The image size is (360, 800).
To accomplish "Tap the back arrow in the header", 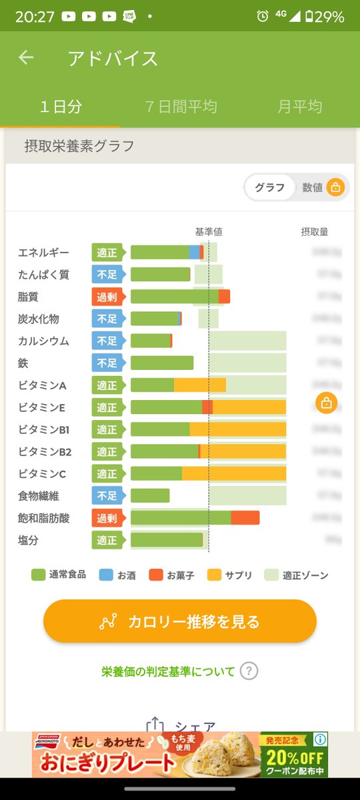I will [x=26, y=58].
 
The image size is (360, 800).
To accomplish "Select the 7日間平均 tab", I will [x=181, y=106].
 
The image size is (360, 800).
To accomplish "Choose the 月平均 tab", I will [x=300, y=106].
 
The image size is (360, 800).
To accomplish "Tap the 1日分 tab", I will [x=61, y=106].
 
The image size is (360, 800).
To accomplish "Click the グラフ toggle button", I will [x=270, y=187].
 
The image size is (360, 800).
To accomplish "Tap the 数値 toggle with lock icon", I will [x=322, y=187].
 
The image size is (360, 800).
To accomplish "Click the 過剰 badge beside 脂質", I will [x=107, y=297].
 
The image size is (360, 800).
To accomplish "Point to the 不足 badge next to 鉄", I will [x=107, y=363].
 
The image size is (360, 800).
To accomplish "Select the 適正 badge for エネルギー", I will [x=107, y=253].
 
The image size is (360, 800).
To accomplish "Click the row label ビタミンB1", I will [x=45, y=430].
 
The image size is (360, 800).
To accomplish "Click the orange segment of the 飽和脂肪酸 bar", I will [x=245, y=518].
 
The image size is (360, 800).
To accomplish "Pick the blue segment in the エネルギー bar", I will [x=194, y=252].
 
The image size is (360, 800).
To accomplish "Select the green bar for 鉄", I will [x=162, y=363].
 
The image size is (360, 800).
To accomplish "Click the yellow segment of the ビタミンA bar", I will [x=199, y=385].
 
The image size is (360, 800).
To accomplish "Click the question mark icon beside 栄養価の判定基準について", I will [x=249, y=671].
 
